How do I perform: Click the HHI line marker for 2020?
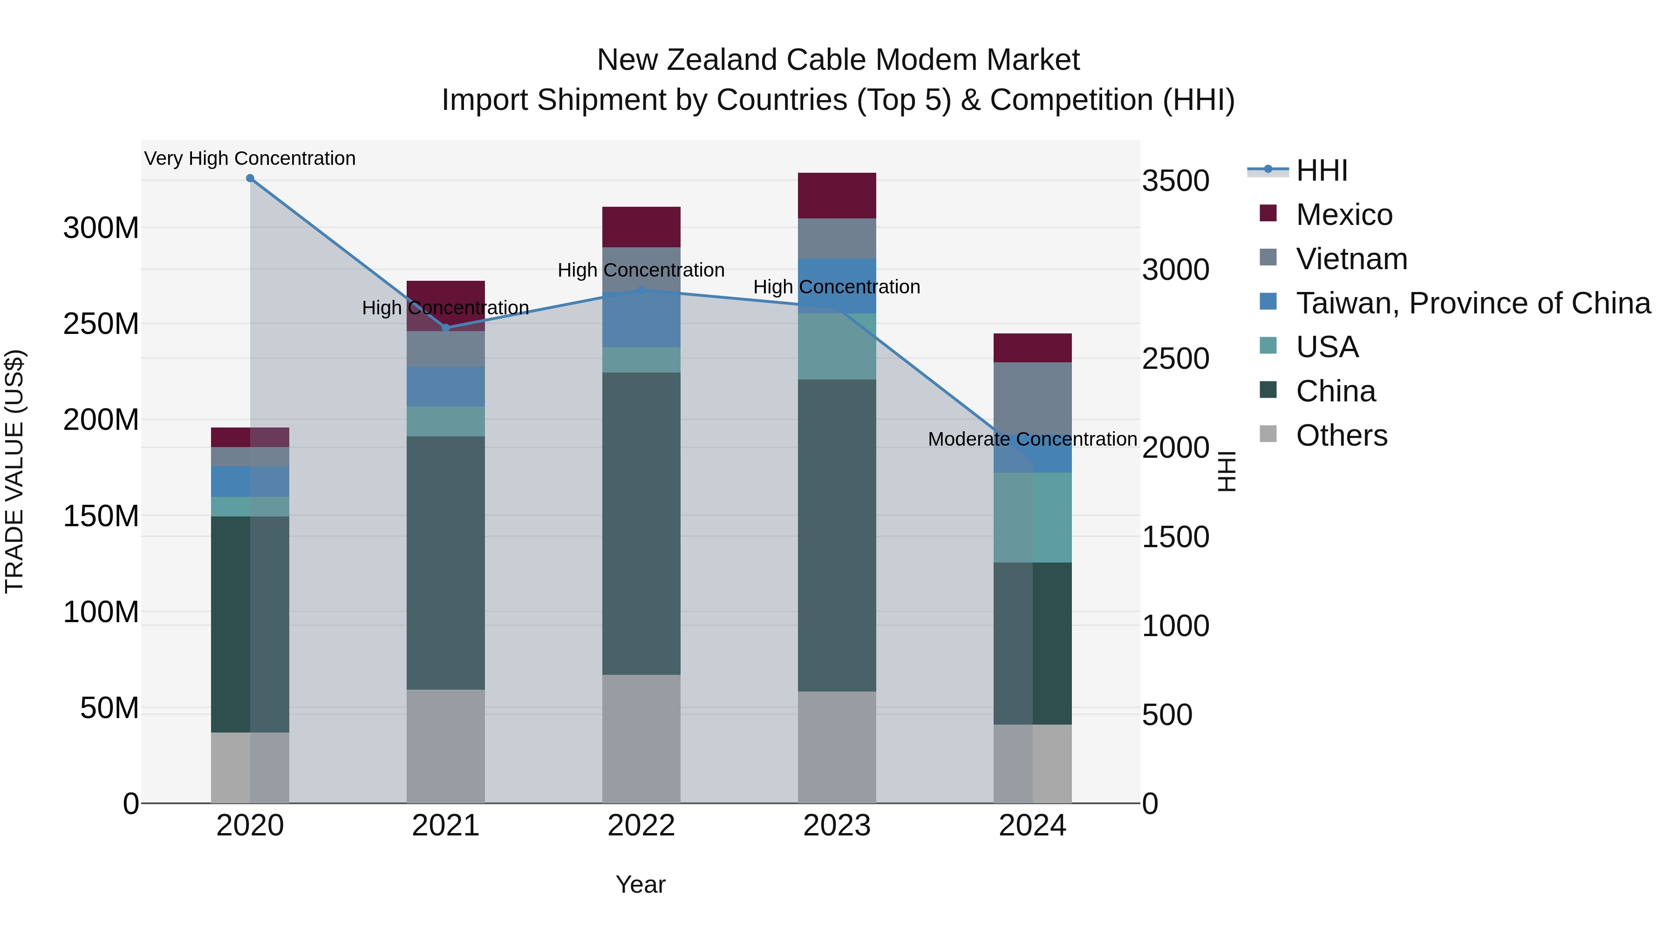[250, 178]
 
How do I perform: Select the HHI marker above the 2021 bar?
[446, 328]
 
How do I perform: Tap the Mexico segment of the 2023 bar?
[837, 195]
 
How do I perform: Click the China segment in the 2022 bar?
[641, 523]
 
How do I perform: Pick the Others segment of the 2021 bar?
[446, 746]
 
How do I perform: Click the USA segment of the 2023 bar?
[837, 346]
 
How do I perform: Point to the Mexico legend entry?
[1343, 215]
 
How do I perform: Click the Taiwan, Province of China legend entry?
[1472, 303]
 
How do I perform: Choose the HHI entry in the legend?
[1322, 170]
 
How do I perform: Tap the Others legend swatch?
[1268, 434]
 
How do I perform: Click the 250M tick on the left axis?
[101, 324]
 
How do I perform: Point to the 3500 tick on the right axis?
[1176, 181]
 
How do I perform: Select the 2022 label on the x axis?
[641, 826]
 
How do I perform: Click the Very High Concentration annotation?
[250, 158]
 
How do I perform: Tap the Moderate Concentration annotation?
[1032, 439]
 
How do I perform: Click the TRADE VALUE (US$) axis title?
[14, 471]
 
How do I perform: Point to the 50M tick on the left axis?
[109, 708]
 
